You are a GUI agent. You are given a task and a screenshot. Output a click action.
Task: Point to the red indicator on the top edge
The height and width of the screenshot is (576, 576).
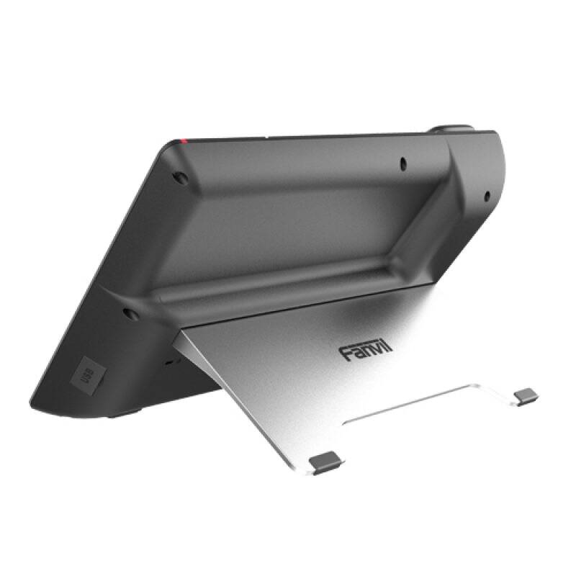186,138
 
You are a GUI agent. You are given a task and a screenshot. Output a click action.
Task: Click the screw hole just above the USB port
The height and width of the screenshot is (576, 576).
130,314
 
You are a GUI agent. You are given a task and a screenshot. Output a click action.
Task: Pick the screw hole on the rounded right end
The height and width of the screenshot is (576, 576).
486,194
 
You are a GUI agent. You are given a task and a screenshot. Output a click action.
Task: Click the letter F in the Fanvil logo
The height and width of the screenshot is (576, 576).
345,351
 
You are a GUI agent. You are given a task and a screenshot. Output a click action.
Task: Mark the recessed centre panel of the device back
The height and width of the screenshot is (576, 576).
288,223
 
